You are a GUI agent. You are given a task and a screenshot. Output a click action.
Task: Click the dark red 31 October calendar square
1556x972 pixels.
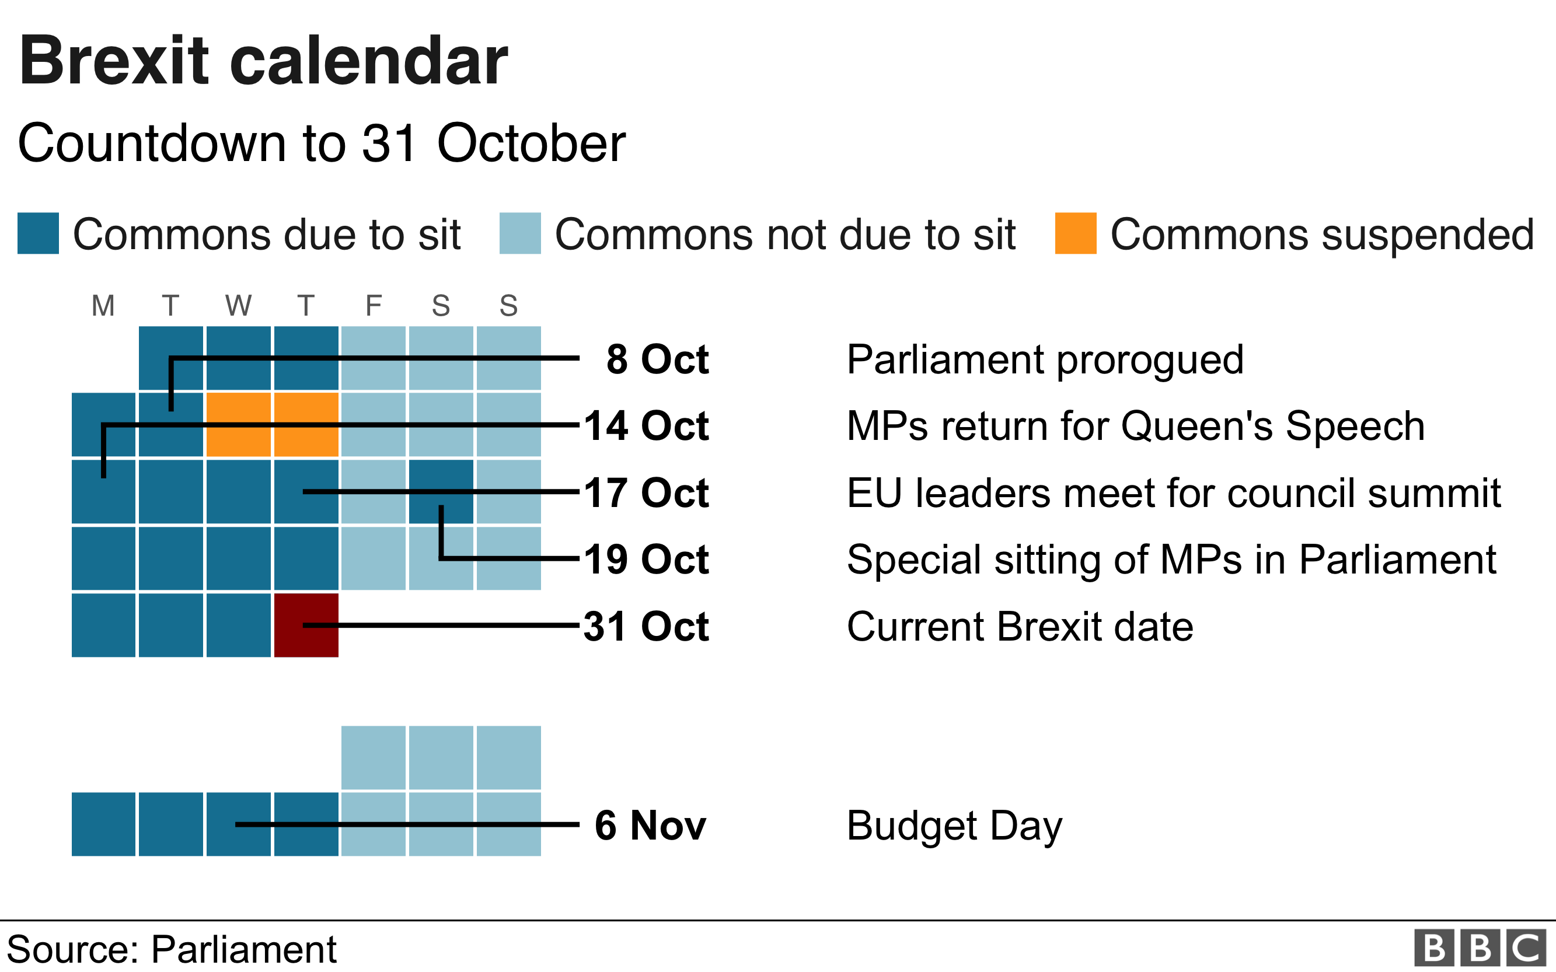pos(306,625)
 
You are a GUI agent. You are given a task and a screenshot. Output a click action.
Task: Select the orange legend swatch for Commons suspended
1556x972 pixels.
pos(1075,233)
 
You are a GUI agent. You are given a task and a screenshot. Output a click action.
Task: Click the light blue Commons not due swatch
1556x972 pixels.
pos(519,233)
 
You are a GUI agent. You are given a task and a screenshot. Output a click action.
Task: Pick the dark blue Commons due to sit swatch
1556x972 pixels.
pos(38,233)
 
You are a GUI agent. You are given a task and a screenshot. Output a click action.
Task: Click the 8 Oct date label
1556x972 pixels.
pos(657,359)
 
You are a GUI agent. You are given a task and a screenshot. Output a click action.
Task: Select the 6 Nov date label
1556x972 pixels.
pos(650,825)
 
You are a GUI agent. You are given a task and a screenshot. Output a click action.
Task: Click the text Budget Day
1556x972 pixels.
pos(954,826)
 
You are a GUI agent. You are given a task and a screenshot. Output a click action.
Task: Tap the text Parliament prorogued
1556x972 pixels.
pos(1045,359)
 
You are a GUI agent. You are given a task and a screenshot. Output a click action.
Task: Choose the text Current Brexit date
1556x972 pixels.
pos(1020,626)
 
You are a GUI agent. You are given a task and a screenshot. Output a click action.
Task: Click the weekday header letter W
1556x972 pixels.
pos(239,305)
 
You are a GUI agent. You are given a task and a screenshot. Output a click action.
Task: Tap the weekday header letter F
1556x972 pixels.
pos(374,305)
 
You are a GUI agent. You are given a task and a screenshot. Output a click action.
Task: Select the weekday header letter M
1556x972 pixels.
pos(103,305)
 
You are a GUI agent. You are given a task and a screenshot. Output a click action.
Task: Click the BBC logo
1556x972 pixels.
pos(1480,947)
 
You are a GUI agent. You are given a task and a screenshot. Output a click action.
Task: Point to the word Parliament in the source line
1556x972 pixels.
pos(244,949)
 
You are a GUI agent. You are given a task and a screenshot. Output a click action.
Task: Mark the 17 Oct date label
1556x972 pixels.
pos(646,493)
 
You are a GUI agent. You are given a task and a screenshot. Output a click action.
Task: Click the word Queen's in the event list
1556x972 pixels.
pos(1196,426)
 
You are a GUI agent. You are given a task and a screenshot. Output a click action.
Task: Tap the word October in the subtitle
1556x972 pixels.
pos(531,143)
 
